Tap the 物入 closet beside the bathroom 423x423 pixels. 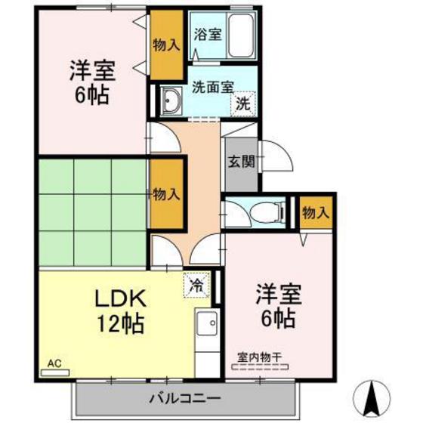(x=165, y=45)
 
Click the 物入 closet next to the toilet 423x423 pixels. (x=316, y=212)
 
